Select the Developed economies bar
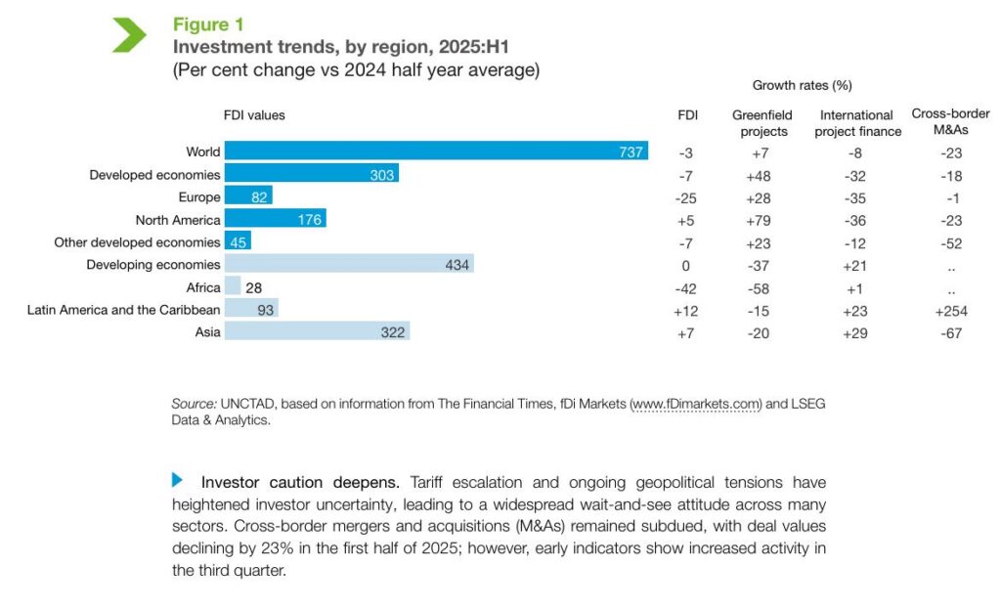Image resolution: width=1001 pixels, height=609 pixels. click(x=311, y=174)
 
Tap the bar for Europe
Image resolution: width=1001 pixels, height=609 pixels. click(x=248, y=196)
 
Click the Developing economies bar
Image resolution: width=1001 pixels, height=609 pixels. click(x=349, y=264)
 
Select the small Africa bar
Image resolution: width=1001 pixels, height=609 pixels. click(x=233, y=286)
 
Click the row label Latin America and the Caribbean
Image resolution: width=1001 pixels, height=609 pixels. click(x=123, y=310)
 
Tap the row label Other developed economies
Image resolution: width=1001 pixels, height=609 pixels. click(x=137, y=242)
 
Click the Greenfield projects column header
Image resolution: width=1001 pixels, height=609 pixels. click(x=762, y=123)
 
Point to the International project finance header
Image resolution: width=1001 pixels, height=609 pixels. click(x=857, y=123)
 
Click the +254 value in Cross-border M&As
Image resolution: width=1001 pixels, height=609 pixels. click(x=946, y=310)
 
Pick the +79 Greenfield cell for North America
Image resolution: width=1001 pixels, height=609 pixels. click(x=761, y=220)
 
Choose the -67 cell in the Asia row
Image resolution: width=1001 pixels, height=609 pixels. click(x=946, y=333)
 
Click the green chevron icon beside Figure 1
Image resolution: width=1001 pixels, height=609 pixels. click(x=129, y=34)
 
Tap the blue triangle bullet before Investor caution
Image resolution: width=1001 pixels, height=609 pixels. click(x=178, y=479)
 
